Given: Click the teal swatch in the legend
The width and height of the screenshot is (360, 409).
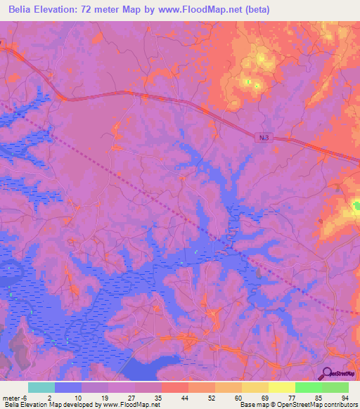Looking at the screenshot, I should (x=41, y=387).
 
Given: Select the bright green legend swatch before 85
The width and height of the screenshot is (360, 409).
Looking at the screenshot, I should (x=308, y=387).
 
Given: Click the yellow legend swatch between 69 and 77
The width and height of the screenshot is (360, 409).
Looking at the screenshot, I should (x=281, y=387).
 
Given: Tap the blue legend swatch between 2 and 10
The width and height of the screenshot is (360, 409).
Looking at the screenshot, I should (x=67, y=387).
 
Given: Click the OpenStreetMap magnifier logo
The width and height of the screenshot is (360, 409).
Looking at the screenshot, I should (x=327, y=373).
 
